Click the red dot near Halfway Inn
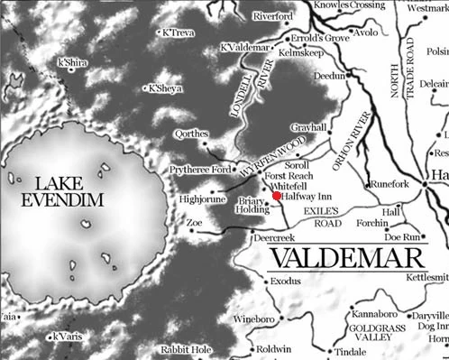276,195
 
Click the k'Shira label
73,63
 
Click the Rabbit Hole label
185,349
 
